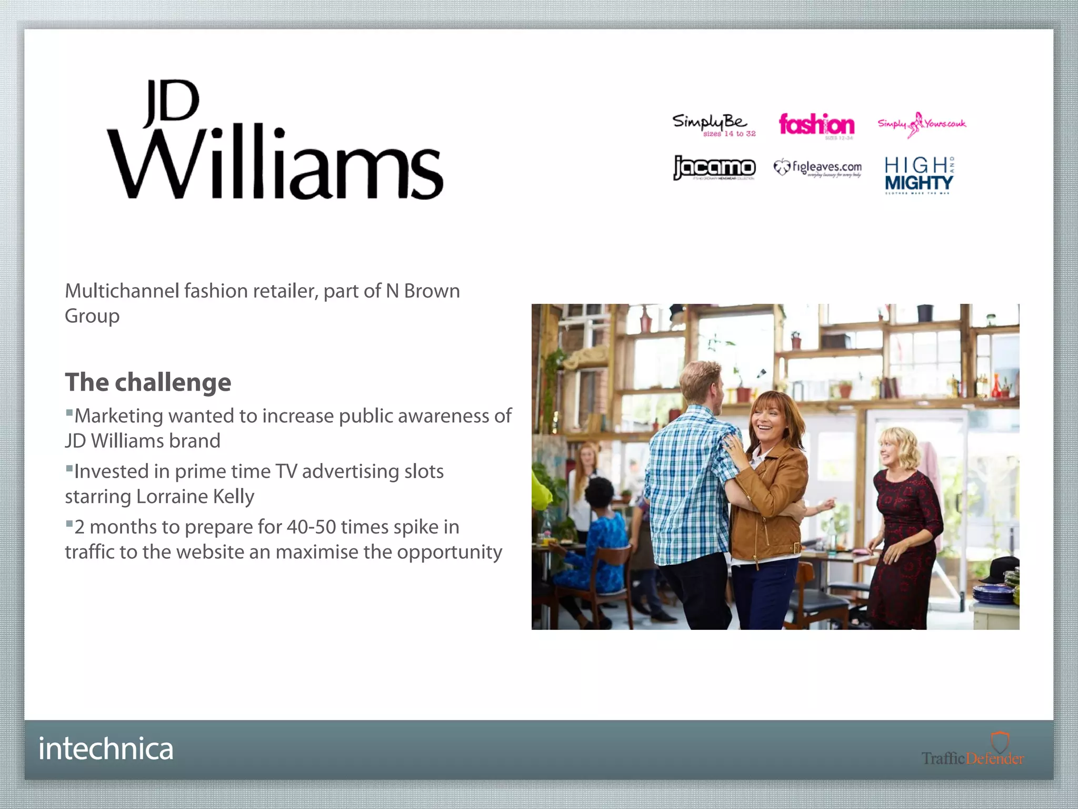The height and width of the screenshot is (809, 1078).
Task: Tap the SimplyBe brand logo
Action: (x=713, y=125)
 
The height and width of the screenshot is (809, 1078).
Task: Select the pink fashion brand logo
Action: (x=816, y=125)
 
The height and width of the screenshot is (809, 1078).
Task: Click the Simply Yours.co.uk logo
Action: (x=921, y=124)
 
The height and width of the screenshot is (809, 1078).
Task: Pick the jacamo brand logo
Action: (x=714, y=168)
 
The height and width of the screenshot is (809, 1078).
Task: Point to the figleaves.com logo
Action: (x=817, y=168)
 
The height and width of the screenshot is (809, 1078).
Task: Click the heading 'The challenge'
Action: (x=148, y=382)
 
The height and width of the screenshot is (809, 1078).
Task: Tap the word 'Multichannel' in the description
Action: (x=122, y=291)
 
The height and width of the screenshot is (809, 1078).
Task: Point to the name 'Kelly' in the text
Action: (x=233, y=497)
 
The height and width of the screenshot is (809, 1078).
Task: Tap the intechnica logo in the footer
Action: (x=106, y=749)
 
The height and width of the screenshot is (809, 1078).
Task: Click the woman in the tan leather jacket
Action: (x=770, y=490)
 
